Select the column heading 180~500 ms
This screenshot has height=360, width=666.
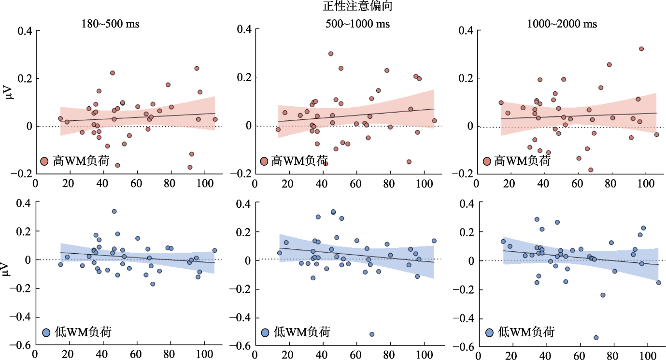pyautogui.click(x=110, y=24)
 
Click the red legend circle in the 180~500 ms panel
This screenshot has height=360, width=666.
pyautogui.click(x=44, y=161)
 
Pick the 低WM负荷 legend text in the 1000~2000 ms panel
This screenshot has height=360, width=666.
pyautogui.click(x=526, y=332)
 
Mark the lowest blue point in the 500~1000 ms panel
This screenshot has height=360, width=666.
pyautogui.click(x=372, y=334)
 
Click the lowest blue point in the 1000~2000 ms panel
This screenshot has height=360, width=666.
pyautogui.click(x=596, y=338)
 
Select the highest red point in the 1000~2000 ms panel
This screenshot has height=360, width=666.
pyautogui.click(x=641, y=49)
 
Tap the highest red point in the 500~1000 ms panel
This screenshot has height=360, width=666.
pyautogui.click(x=331, y=54)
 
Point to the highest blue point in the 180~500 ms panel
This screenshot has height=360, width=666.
pyautogui.click(x=114, y=211)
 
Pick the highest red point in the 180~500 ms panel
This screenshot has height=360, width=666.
pyautogui.click(x=197, y=68)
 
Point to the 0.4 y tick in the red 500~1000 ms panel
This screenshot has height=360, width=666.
pyautogui.click(x=244, y=30)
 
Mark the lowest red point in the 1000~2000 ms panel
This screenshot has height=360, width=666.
pyautogui.click(x=591, y=170)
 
